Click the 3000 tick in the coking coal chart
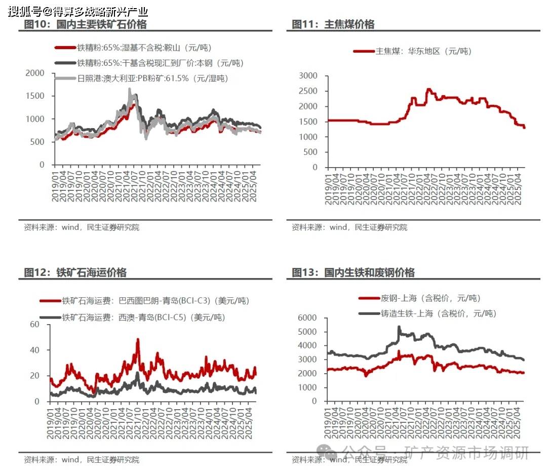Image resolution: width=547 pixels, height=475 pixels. tap(308, 76)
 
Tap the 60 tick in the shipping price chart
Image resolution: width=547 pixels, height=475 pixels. tap(35, 324)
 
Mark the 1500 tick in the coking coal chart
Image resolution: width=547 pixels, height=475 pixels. tap(308, 122)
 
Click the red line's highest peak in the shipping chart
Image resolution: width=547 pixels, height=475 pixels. tap(138, 340)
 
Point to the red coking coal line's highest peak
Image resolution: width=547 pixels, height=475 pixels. tap(428, 90)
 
